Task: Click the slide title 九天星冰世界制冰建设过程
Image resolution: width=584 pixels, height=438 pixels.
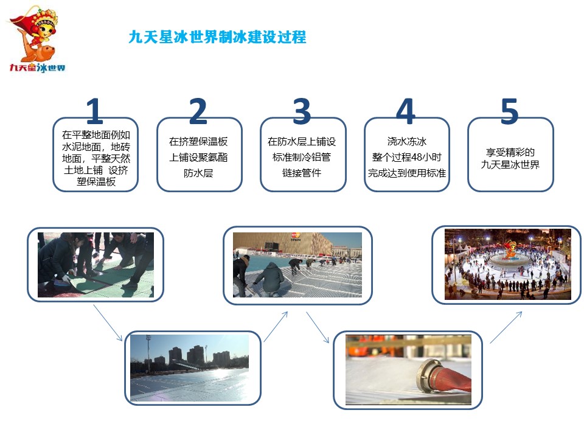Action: click(x=218, y=37)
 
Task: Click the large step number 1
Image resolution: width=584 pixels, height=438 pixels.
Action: click(x=95, y=111)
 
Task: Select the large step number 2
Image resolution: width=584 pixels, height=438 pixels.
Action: click(x=198, y=111)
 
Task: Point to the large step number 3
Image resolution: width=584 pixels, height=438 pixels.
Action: click(x=302, y=111)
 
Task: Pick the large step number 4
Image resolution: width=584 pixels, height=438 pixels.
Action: click(x=406, y=111)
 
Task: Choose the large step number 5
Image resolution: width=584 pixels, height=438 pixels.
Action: click(x=510, y=111)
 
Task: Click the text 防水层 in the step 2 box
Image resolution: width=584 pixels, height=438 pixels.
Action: click(x=198, y=173)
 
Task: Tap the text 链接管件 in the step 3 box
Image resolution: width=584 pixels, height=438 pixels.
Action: click(x=302, y=173)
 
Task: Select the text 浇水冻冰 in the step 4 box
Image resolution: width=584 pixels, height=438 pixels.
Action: click(x=407, y=142)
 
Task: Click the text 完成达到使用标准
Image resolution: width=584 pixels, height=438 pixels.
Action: click(x=407, y=173)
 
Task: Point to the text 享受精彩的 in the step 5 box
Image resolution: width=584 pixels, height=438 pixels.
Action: click(x=510, y=152)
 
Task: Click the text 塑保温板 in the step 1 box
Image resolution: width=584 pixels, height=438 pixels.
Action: click(x=96, y=182)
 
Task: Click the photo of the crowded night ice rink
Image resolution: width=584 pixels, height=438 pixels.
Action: click(x=507, y=264)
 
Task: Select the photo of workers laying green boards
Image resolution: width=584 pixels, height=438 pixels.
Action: click(x=96, y=265)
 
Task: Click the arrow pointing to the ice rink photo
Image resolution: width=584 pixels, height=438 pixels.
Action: click(x=506, y=327)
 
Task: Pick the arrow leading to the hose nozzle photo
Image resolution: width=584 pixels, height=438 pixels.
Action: click(x=318, y=327)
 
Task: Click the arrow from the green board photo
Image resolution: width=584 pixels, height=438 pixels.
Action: click(x=108, y=323)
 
